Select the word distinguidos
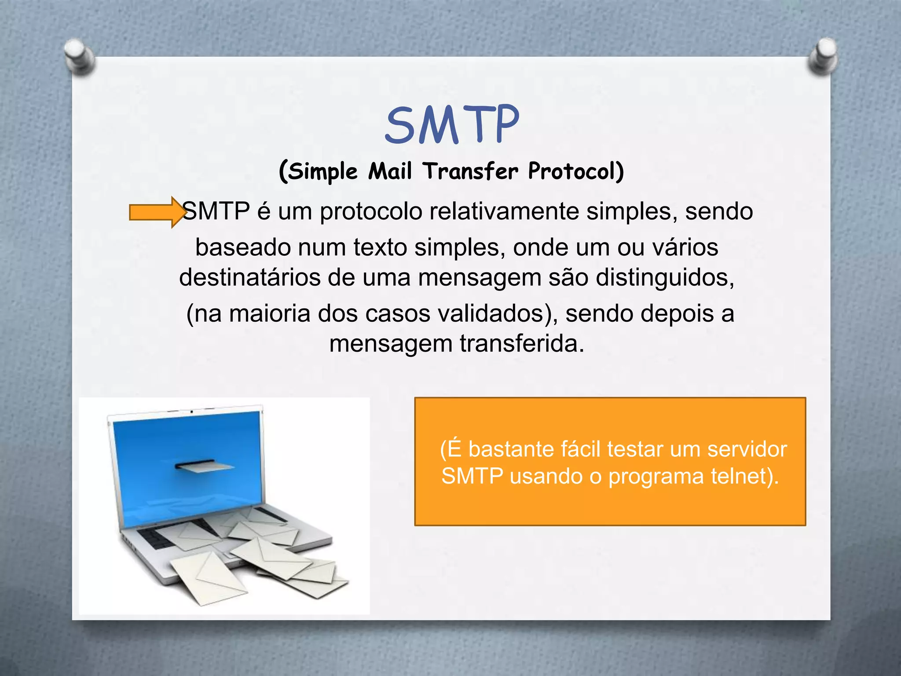pos(664,278)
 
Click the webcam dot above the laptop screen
pos(192,411)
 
